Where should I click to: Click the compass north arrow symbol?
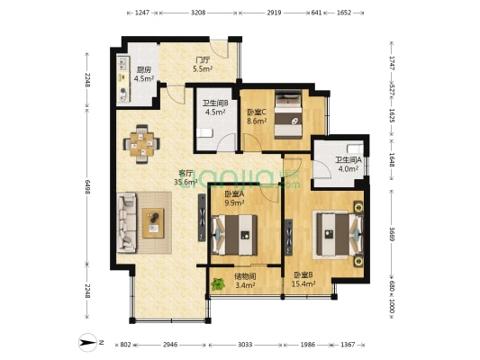[x=88, y=342]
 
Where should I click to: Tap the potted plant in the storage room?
[x=218, y=284]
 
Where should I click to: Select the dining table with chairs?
[x=141, y=144]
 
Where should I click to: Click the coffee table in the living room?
[x=153, y=223]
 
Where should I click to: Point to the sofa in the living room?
[x=126, y=222]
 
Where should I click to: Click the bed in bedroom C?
[x=288, y=114]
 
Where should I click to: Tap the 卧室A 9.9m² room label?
[x=234, y=198]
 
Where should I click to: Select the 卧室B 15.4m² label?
[x=303, y=280]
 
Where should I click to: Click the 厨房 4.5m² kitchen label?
[x=143, y=74]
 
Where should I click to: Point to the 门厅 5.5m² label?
[x=203, y=64]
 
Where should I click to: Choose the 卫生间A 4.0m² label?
[x=349, y=164]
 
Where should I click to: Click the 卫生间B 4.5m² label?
[x=215, y=107]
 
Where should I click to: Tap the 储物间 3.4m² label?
[x=245, y=281]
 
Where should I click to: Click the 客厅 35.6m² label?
[x=186, y=177]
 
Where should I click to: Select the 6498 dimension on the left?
[x=87, y=187]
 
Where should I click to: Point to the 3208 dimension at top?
[x=198, y=13]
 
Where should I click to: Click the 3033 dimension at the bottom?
[x=245, y=345]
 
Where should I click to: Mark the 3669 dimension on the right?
[x=391, y=233]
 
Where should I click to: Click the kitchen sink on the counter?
[x=123, y=64]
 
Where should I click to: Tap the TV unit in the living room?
[x=202, y=218]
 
